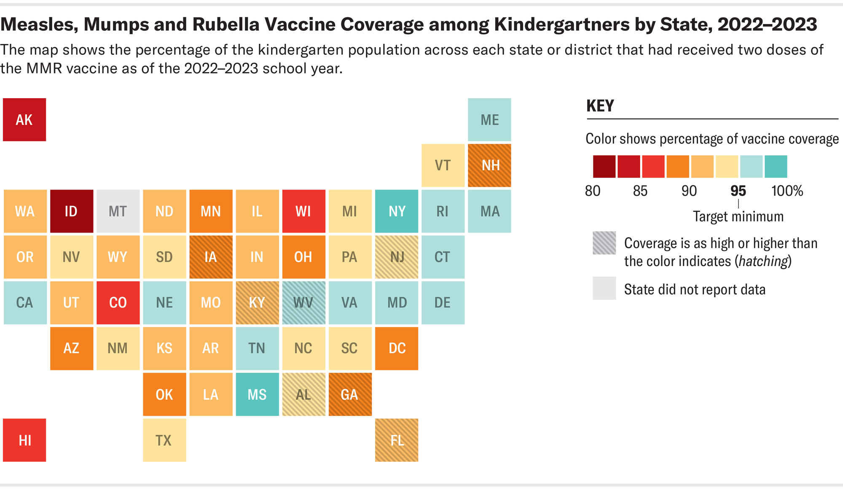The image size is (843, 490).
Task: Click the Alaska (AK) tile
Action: click(x=24, y=120)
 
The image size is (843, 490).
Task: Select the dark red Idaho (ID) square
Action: click(x=71, y=211)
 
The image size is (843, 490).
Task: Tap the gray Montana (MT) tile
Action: click(x=118, y=211)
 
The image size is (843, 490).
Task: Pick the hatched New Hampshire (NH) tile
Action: click(x=489, y=165)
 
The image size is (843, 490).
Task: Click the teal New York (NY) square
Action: click(x=397, y=211)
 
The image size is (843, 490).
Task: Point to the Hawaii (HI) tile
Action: click(x=24, y=440)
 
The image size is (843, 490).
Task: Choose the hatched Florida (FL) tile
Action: click(x=397, y=440)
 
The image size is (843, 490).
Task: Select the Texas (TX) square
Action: click(x=164, y=440)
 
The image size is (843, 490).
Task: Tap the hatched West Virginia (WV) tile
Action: click(x=303, y=303)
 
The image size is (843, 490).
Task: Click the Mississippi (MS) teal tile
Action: click(x=257, y=394)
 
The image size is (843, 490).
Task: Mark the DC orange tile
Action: click(x=397, y=348)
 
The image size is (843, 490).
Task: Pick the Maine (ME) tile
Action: click(x=489, y=120)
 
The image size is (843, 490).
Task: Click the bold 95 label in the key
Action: click(x=738, y=191)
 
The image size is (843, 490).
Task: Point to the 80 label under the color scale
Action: click(x=593, y=191)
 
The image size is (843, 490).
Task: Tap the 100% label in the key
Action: click(x=787, y=191)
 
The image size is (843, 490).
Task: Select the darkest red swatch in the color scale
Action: click(x=604, y=166)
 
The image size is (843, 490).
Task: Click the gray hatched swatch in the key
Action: click(x=604, y=243)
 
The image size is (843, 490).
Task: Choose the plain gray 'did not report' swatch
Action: click(x=604, y=288)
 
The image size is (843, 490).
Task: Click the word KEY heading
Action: click(x=600, y=106)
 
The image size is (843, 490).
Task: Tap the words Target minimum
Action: click(x=738, y=217)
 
